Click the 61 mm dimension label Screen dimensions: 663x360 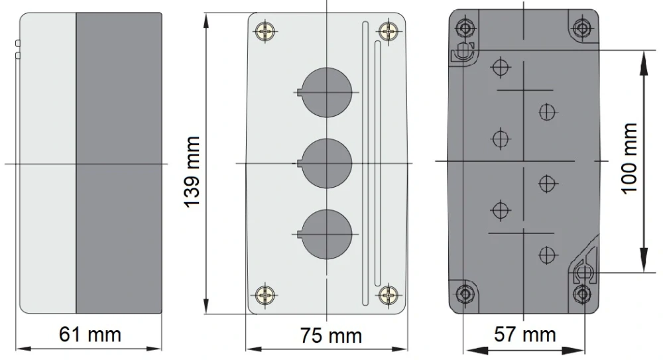(90, 335)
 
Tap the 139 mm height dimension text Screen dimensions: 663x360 (192, 172)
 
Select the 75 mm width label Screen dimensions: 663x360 (331, 336)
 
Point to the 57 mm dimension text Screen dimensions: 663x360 (524, 335)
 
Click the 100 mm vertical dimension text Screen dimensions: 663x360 (629, 158)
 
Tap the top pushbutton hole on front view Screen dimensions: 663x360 (327, 92)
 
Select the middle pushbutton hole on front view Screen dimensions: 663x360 (327, 163)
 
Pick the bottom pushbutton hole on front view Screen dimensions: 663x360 (327, 234)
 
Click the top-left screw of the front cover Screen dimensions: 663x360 (266, 31)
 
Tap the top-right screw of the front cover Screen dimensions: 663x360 (388, 31)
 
